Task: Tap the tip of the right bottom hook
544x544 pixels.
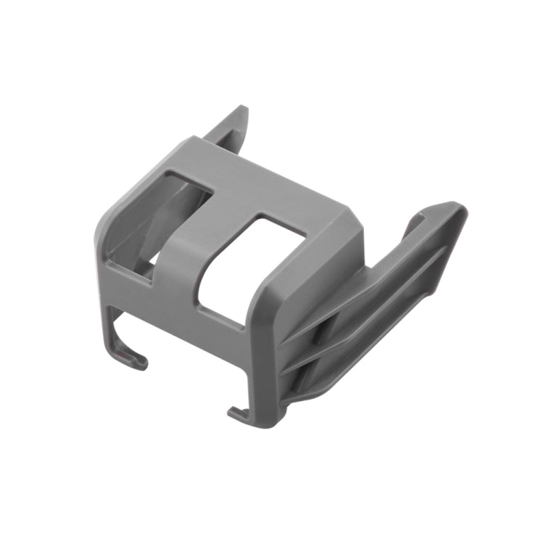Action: (x=233, y=413)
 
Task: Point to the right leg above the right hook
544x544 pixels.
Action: (x=257, y=377)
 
